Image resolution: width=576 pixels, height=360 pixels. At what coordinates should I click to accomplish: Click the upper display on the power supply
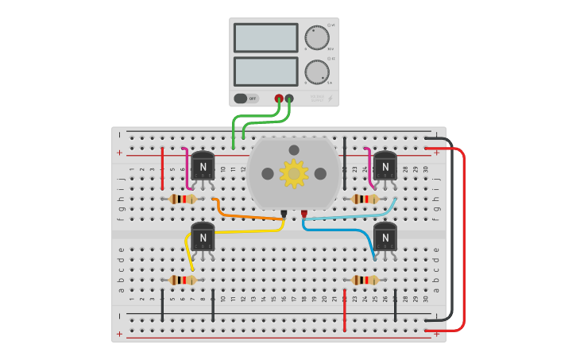pos(265,37)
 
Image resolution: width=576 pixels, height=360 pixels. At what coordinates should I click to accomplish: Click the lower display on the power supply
pos(265,71)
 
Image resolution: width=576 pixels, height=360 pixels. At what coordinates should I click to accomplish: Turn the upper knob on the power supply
pos(316,37)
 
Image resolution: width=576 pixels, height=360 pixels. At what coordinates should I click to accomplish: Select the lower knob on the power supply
pos(316,72)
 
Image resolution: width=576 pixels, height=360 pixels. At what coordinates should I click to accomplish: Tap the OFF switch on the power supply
pos(246,99)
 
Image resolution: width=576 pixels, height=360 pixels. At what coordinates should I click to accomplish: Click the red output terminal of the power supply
pos(279,99)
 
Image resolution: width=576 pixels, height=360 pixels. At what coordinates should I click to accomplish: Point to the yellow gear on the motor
pos(294,173)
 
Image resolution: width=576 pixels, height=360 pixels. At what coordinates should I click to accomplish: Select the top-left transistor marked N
pos(203,166)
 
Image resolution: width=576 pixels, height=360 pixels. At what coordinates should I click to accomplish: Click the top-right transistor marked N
pos(385,166)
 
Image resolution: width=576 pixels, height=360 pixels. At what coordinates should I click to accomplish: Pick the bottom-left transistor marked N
pos(203,237)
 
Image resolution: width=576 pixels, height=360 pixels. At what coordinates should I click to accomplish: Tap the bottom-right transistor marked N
pos(385,237)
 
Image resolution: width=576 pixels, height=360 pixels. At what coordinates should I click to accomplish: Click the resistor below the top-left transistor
pos(183,199)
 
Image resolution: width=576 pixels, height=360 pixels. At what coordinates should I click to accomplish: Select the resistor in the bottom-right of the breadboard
pos(365,280)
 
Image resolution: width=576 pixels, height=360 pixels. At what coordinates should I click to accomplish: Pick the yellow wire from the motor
pos(238,231)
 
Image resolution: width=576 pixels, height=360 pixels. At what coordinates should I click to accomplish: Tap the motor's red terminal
pos(304,213)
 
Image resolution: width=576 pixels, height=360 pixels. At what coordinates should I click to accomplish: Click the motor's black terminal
pos(284,213)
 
